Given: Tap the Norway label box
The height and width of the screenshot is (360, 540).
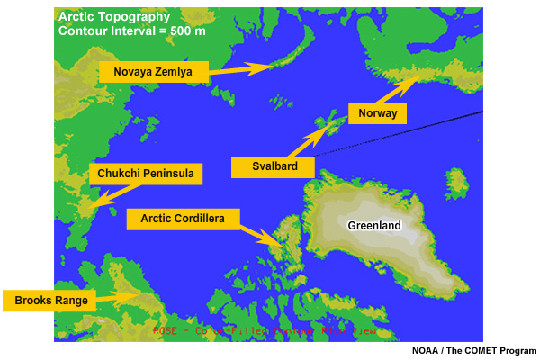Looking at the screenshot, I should (378, 113).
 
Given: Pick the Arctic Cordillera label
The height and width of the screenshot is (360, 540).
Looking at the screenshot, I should (183, 219).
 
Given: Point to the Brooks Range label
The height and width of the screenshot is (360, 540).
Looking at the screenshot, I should (49, 301).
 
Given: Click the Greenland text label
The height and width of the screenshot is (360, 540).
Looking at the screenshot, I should (375, 225).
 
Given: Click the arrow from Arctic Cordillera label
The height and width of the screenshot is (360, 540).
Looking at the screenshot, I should (262, 236).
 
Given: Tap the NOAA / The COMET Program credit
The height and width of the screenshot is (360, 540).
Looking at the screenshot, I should (474, 350).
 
